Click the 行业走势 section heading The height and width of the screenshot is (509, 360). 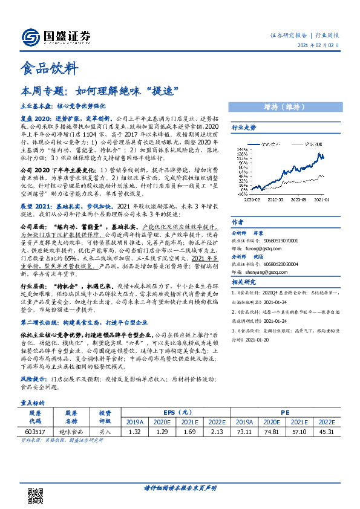tap(244, 128)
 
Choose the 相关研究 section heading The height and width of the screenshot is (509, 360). tap(244, 299)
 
